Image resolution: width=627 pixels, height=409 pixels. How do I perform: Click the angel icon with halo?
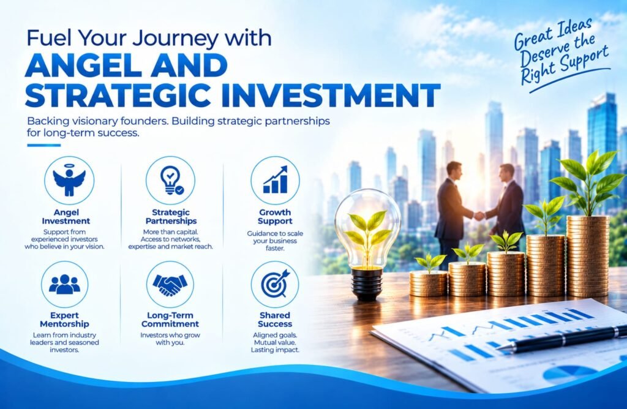[x=69, y=180]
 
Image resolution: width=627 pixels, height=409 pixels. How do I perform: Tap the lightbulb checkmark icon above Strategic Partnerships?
[x=171, y=180]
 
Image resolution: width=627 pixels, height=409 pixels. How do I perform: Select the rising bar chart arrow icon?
[x=275, y=180]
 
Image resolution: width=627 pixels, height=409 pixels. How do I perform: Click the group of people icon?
[x=64, y=284]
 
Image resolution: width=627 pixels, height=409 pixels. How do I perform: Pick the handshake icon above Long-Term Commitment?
[x=170, y=285]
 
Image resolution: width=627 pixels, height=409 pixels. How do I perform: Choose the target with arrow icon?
[x=275, y=283]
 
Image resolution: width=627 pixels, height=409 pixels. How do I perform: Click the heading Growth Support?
[x=275, y=217]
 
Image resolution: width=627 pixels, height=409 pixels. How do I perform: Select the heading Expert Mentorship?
[x=64, y=320]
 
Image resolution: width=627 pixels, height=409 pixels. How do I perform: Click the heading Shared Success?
[x=275, y=320]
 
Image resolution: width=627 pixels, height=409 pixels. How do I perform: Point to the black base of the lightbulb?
[x=367, y=284]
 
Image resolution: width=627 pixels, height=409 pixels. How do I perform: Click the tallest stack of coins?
[x=588, y=257]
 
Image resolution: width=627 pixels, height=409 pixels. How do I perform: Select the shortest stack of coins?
[x=429, y=283]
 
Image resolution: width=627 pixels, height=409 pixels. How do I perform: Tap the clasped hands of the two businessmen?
[x=479, y=216]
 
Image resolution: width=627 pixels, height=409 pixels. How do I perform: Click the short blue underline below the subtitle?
[x=44, y=145]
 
